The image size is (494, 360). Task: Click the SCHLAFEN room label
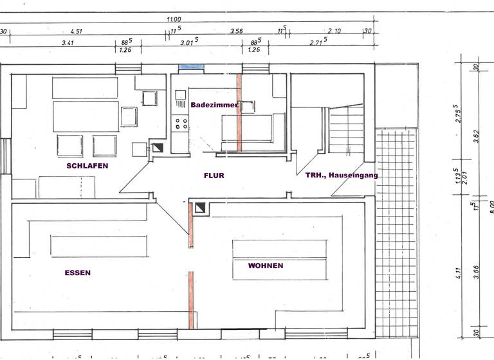[x=87, y=166]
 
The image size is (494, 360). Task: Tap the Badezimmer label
[x=214, y=104]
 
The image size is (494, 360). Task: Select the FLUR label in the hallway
[x=214, y=175]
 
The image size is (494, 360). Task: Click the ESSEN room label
[x=77, y=273]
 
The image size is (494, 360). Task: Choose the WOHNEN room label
[x=265, y=265]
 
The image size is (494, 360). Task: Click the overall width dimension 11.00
[x=174, y=19]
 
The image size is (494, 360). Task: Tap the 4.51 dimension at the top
[x=75, y=30]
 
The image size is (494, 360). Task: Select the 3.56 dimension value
[x=237, y=30]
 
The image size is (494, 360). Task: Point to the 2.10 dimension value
[x=334, y=30]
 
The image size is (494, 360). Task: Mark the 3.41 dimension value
[x=67, y=43]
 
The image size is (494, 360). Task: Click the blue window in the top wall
[x=191, y=67]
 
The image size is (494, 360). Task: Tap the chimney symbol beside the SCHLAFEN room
[x=157, y=147]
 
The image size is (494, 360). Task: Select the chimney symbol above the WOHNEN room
[x=200, y=208]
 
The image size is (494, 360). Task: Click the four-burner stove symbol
[x=181, y=123]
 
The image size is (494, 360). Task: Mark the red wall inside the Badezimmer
[x=239, y=113]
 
